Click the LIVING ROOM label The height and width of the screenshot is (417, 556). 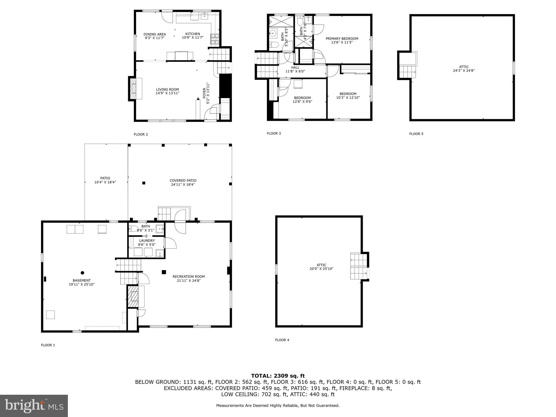168,90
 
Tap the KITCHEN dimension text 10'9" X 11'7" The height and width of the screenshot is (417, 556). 192,38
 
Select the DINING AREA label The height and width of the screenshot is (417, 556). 154,34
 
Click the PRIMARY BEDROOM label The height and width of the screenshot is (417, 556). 342,39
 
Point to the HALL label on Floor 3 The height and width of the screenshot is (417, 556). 295,68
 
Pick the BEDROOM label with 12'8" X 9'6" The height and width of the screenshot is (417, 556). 302,98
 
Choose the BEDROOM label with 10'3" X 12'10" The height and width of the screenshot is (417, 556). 348,94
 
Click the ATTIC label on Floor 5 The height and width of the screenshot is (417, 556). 464,67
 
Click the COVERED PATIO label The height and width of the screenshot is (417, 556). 183,181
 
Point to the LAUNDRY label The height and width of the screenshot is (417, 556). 147,241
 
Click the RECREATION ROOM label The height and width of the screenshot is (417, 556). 189,277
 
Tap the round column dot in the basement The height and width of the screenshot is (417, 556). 82,273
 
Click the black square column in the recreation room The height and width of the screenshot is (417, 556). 164,272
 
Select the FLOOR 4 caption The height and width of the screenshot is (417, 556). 282,340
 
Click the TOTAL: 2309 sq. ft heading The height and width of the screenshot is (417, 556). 278,376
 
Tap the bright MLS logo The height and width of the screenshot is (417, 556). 34,406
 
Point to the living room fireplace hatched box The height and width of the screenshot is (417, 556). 133,89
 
